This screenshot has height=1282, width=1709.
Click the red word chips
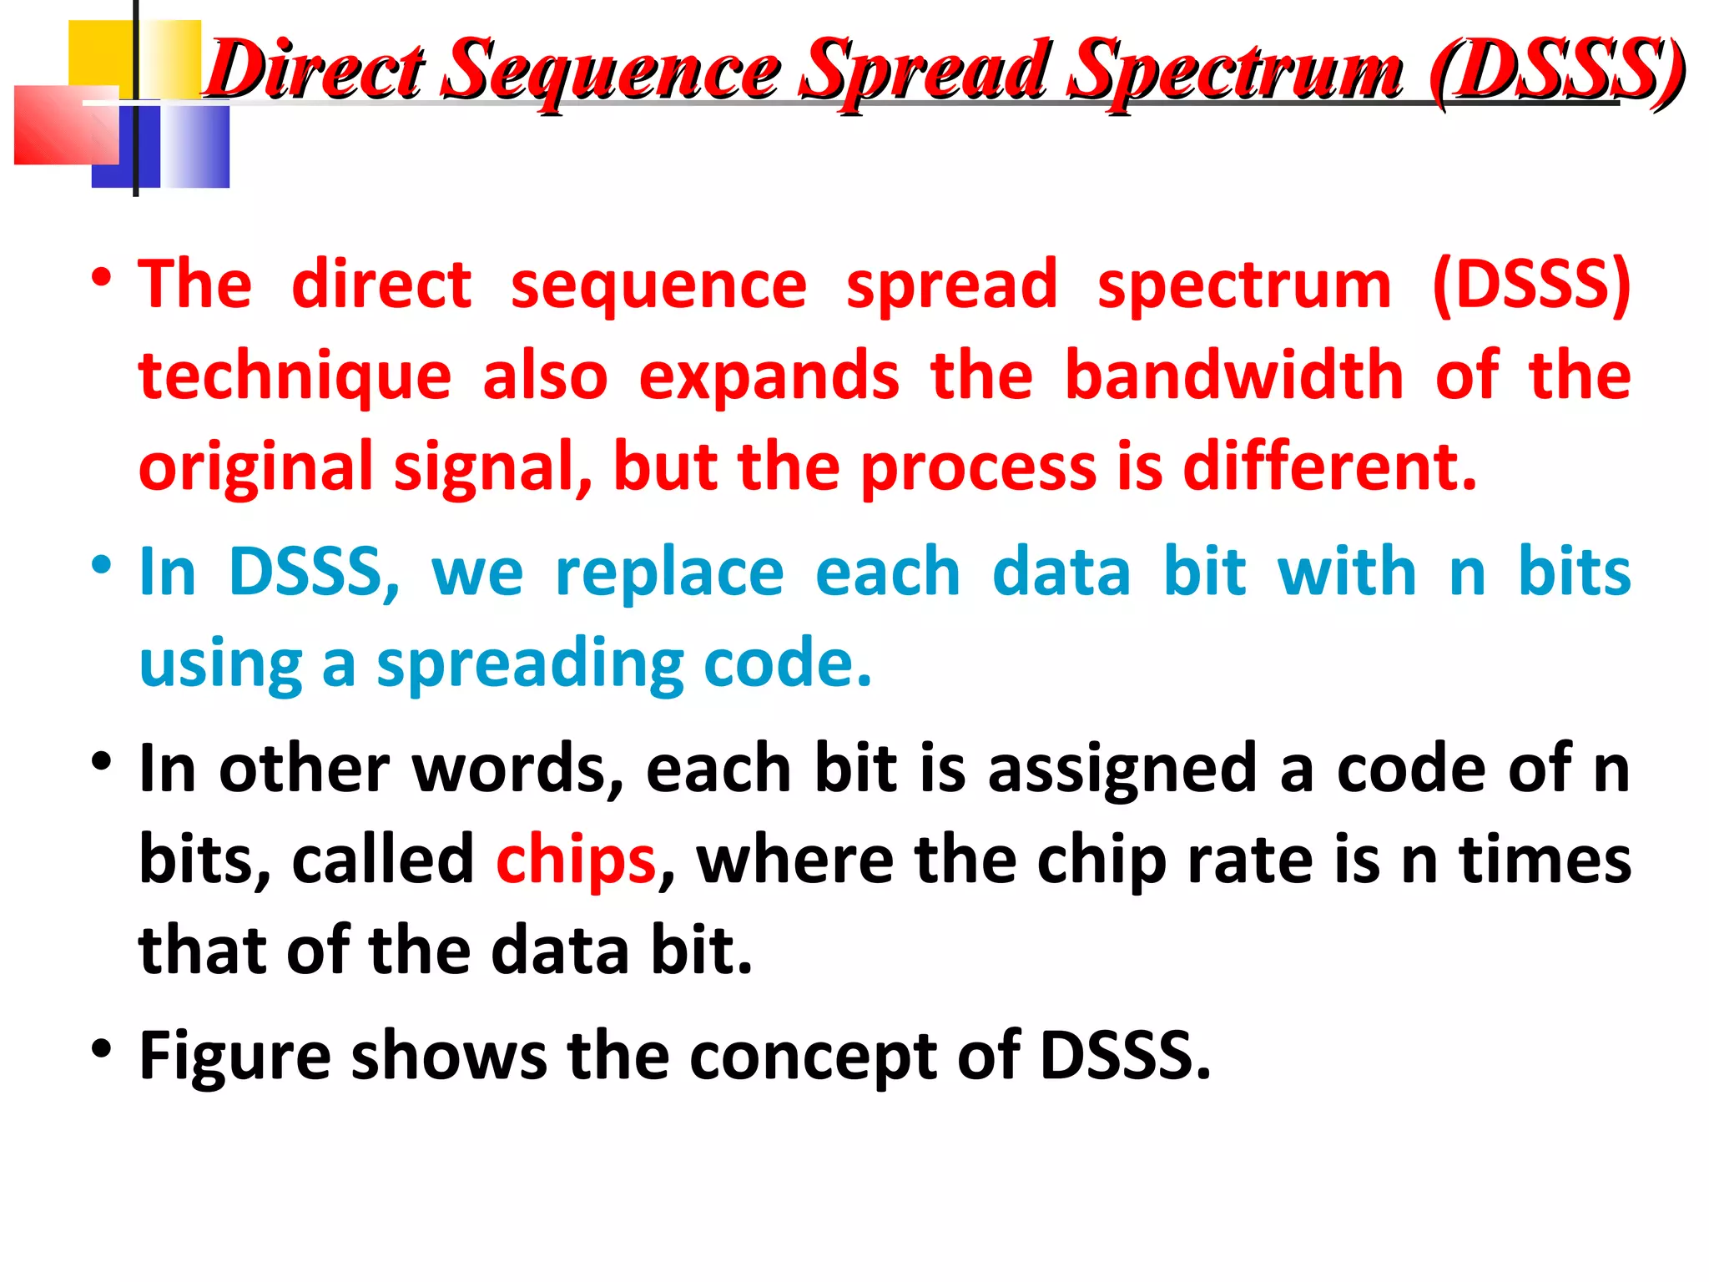576,860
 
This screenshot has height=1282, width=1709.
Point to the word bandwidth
1234,376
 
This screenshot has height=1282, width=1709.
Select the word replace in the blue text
669,573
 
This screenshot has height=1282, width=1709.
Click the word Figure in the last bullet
234,1057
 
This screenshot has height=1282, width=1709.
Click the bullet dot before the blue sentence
101,566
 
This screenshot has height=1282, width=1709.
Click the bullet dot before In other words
101,762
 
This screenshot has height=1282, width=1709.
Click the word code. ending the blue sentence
788,663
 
